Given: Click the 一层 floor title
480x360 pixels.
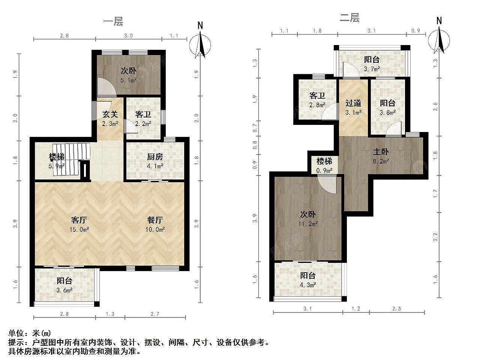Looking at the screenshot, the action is click(x=113, y=21).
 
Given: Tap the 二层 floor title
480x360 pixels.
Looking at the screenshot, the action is click(x=349, y=18).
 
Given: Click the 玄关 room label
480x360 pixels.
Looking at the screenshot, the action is click(x=110, y=114).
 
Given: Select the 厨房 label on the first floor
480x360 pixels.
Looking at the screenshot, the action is click(x=155, y=156).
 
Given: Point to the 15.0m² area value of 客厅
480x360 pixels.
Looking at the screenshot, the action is click(x=79, y=229).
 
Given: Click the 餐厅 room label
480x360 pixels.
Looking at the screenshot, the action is click(x=155, y=220).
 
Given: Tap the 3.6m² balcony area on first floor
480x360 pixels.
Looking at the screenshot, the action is click(x=64, y=290).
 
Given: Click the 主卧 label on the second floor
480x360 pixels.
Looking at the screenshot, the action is click(x=381, y=152).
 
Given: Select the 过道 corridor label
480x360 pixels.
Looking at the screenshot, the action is click(x=353, y=103).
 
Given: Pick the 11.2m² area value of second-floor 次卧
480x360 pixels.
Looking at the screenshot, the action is click(x=308, y=224).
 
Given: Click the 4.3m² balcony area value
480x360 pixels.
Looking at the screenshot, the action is click(x=307, y=285).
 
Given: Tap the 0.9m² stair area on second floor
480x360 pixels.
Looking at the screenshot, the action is click(x=324, y=171).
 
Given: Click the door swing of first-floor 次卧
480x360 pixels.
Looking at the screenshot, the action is click(x=106, y=87).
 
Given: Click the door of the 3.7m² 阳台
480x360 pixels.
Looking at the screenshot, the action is click(x=351, y=70).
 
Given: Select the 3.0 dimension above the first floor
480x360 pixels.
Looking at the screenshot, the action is click(x=128, y=36).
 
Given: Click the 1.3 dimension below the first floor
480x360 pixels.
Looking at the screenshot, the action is click(x=110, y=314).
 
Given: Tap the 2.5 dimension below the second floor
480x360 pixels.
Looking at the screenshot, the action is click(x=396, y=309).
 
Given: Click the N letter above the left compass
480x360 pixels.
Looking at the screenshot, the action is click(x=200, y=25).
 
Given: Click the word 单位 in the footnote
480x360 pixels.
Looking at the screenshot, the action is click(x=16, y=333).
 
